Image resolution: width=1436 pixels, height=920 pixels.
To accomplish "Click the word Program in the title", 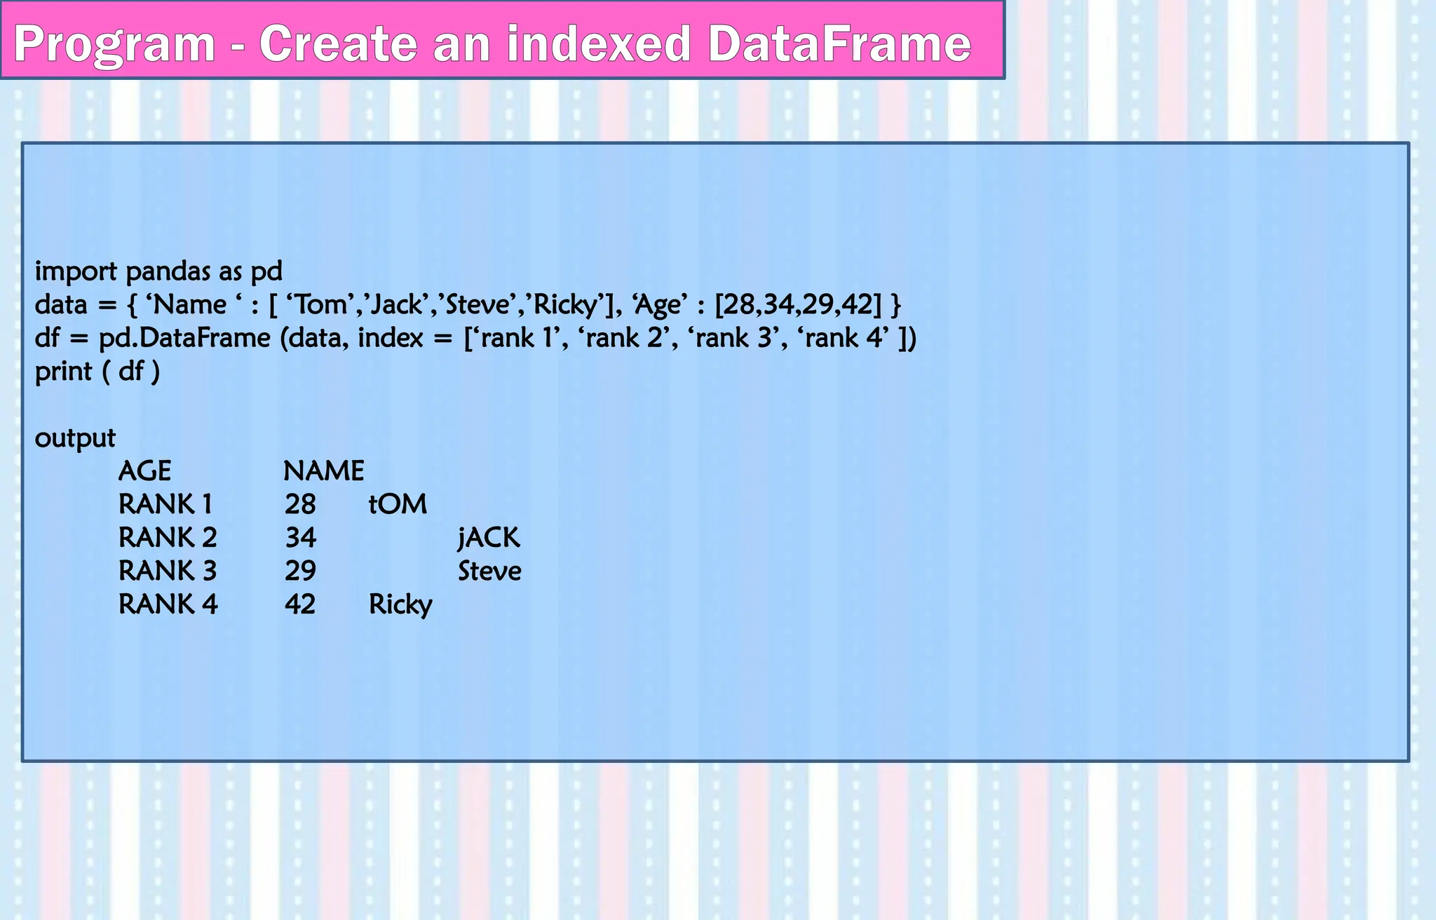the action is pos(114,45).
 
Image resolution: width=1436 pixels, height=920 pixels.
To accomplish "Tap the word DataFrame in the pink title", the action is pos(839,43).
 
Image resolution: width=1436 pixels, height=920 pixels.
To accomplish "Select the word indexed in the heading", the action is pos(600,43).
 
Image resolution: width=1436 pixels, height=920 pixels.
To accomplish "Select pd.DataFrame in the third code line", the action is pos(184,338).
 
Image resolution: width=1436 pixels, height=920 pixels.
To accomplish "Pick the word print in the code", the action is pos(64,372).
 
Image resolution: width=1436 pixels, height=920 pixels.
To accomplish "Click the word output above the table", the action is pos(75,438).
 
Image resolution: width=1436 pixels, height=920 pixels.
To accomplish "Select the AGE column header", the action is pos(144,471).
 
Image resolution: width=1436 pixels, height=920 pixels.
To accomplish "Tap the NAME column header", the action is pos(323,471).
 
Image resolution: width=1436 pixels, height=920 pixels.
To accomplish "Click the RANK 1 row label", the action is pos(165,505).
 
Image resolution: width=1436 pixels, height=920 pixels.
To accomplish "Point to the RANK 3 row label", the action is pos(168,571).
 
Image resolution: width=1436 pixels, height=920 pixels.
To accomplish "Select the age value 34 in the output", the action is pos(301,538).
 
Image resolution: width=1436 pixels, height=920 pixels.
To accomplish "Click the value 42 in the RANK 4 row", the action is pos(300,604).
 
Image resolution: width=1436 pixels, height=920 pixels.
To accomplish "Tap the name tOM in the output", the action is pos(398,505).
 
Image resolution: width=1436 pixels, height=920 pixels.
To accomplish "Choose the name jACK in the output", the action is pos(489,538).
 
